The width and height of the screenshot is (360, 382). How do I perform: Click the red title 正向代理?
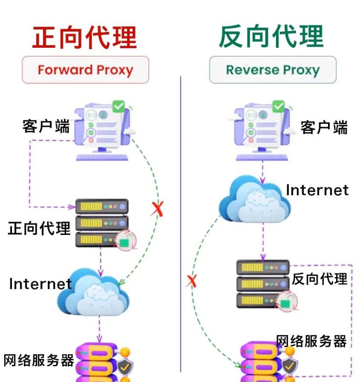(85, 37)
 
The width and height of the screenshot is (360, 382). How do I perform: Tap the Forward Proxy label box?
(85, 70)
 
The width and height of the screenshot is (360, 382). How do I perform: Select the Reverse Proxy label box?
(273, 70)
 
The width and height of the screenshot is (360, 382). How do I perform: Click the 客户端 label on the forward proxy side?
(46, 127)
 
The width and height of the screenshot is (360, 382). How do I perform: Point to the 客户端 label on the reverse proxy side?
(324, 127)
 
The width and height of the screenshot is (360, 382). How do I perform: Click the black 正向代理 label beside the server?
(39, 228)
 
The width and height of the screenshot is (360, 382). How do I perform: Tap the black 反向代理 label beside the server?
(319, 278)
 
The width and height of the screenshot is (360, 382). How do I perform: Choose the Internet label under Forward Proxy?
(40, 284)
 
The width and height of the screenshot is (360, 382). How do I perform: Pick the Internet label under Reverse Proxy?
(317, 190)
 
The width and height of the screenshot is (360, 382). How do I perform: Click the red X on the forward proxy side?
(157, 209)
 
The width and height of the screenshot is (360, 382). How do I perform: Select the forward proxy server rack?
(102, 223)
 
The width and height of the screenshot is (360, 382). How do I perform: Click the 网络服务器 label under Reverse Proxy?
(311, 341)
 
